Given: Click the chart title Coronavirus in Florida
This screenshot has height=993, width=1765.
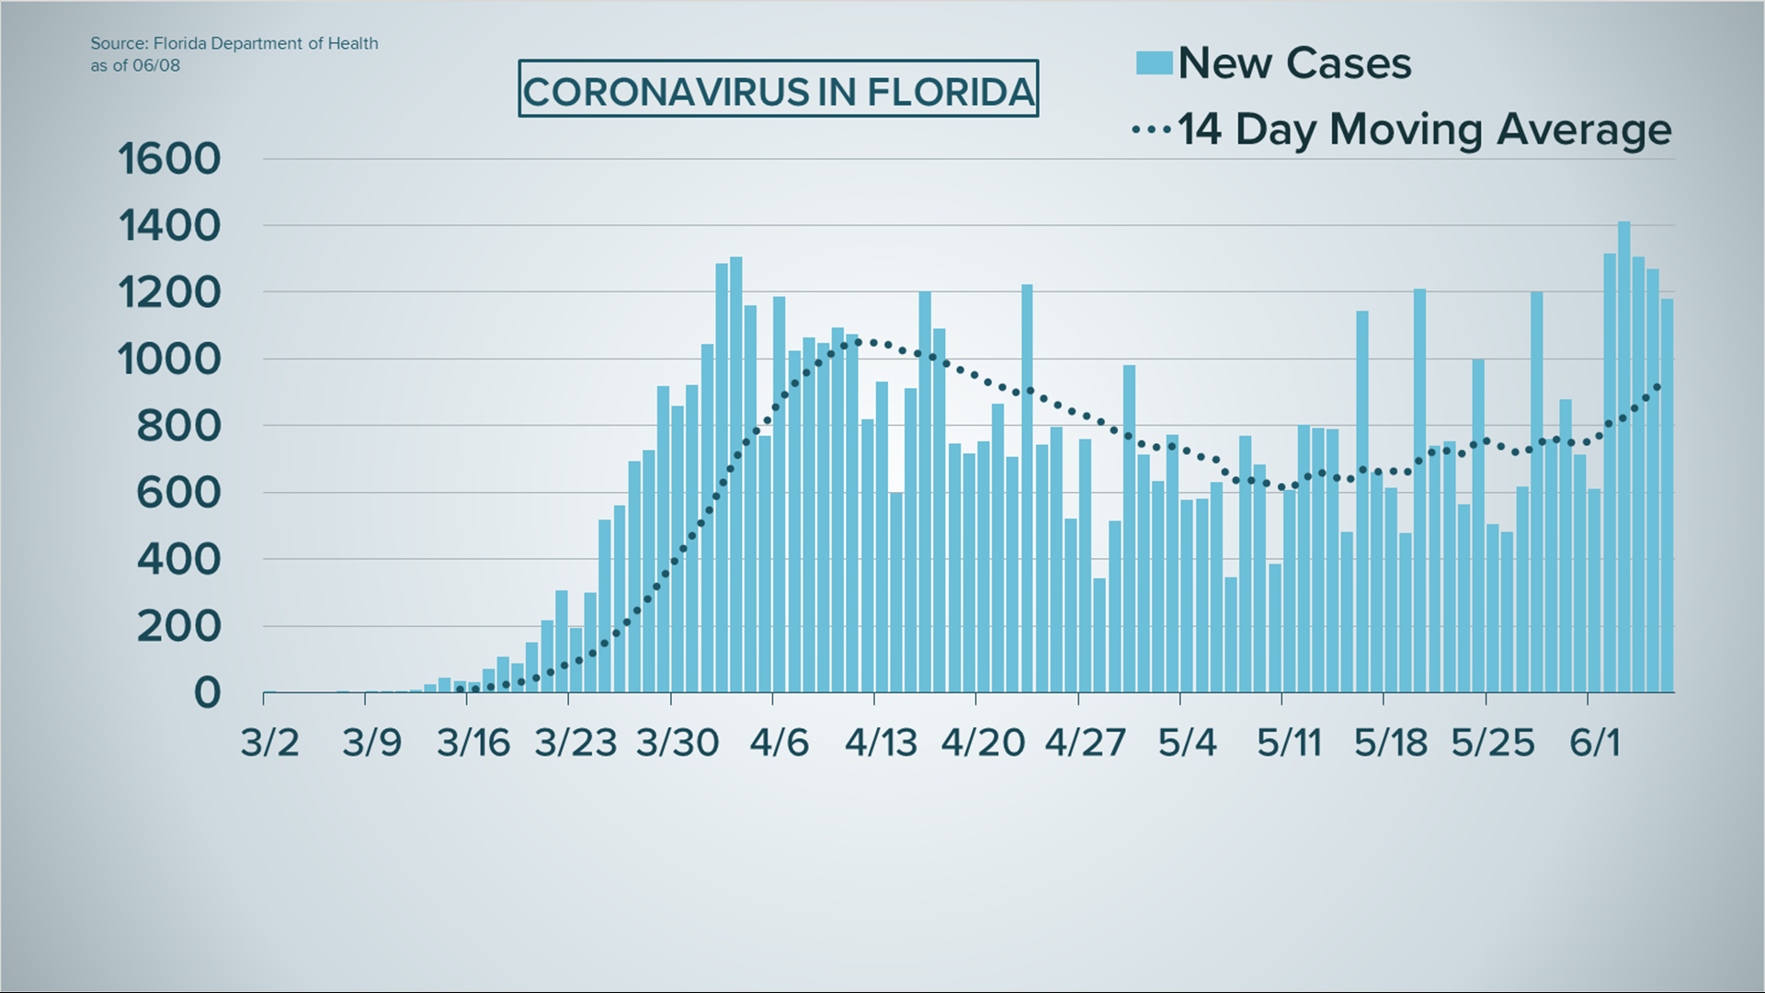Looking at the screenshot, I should click(778, 90).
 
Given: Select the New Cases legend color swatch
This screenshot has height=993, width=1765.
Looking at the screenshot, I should click(1154, 63).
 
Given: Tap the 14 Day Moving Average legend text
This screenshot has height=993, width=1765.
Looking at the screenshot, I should click(1423, 130).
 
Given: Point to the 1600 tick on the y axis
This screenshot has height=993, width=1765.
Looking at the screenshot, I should click(170, 159).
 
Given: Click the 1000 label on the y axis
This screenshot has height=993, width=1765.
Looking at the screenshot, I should click(170, 360).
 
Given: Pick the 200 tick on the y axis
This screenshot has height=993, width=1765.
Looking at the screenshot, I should click(179, 627).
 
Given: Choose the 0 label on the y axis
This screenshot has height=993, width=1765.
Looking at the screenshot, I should click(208, 693).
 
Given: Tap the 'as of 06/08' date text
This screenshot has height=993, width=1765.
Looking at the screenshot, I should click(135, 65).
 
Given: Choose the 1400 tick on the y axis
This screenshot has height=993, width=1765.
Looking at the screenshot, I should click(170, 226).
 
